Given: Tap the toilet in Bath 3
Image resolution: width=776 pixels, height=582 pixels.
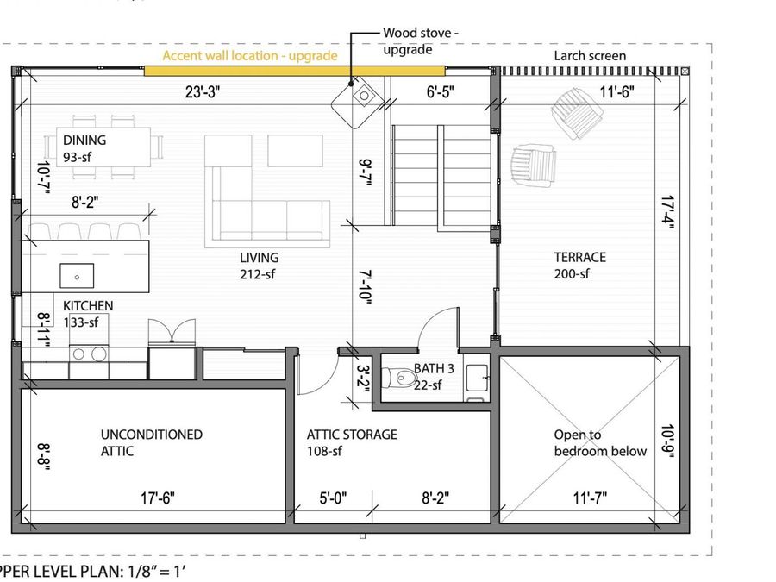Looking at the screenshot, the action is pos(400,379).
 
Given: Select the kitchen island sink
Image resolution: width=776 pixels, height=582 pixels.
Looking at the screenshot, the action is pos(77,276).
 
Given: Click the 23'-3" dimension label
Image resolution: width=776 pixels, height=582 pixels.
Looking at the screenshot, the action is pos(203,91).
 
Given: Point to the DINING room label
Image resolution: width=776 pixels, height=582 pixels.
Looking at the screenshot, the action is pos(84,140).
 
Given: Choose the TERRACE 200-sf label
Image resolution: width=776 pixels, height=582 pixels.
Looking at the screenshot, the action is pos(579,266).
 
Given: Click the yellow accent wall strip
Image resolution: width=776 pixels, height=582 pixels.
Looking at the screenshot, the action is pos(295,71).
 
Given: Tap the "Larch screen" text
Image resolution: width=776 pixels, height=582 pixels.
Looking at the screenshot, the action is pos(590,56).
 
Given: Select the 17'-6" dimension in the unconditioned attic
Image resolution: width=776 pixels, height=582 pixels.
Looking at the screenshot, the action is pos(158,498).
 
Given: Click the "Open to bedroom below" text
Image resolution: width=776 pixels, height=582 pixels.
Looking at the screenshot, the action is pos(600,443).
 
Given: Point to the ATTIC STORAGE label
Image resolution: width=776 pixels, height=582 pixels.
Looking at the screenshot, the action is pos(352,435).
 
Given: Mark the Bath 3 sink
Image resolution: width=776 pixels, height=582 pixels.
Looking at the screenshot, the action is pos(478,378).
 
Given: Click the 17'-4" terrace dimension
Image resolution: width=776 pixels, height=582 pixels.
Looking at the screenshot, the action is pos(667,213).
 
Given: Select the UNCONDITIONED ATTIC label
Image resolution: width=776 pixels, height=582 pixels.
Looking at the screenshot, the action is pos(152,443).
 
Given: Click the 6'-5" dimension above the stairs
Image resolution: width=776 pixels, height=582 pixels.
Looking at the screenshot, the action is pos(440,91).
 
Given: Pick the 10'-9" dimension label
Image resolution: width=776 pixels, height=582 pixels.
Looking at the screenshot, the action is pos(668,441).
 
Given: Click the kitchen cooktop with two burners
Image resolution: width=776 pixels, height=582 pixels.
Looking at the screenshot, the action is pos(89,354).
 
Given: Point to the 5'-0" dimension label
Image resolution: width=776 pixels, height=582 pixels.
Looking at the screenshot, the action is pos(333,498).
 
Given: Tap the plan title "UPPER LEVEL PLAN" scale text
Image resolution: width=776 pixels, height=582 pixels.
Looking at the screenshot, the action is pos(93,572).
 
